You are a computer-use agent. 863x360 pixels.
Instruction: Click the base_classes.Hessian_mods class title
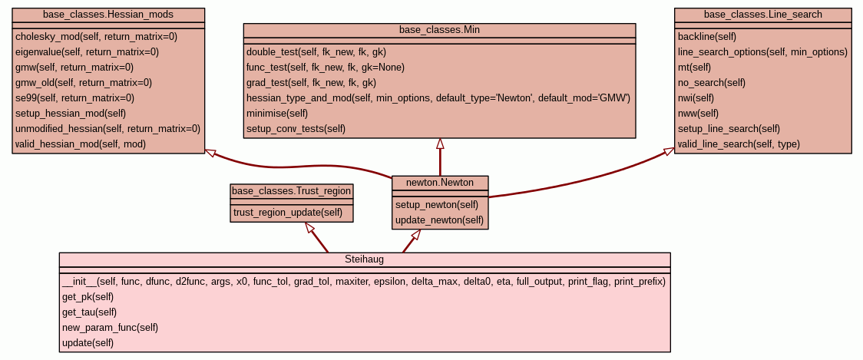click(x=108, y=15)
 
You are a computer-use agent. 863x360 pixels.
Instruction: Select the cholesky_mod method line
click(x=96, y=36)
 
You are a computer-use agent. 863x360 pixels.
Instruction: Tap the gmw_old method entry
click(x=84, y=82)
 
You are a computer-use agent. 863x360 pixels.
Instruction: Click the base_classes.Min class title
click(x=440, y=30)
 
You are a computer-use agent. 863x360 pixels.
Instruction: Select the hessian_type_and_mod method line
click(x=438, y=97)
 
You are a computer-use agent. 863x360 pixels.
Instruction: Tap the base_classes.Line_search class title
click(x=763, y=15)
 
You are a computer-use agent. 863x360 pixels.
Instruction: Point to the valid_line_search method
click(x=739, y=144)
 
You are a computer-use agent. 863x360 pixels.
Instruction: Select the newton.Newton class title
click(x=440, y=183)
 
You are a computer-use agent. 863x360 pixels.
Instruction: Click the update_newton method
click(x=440, y=220)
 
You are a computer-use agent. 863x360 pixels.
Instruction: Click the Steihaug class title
click(x=365, y=259)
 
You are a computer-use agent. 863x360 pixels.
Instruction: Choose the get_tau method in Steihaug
click(x=90, y=312)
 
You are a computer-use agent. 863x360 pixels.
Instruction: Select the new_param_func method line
click(x=110, y=327)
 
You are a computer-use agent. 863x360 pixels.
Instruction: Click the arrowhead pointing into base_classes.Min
click(x=440, y=144)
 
